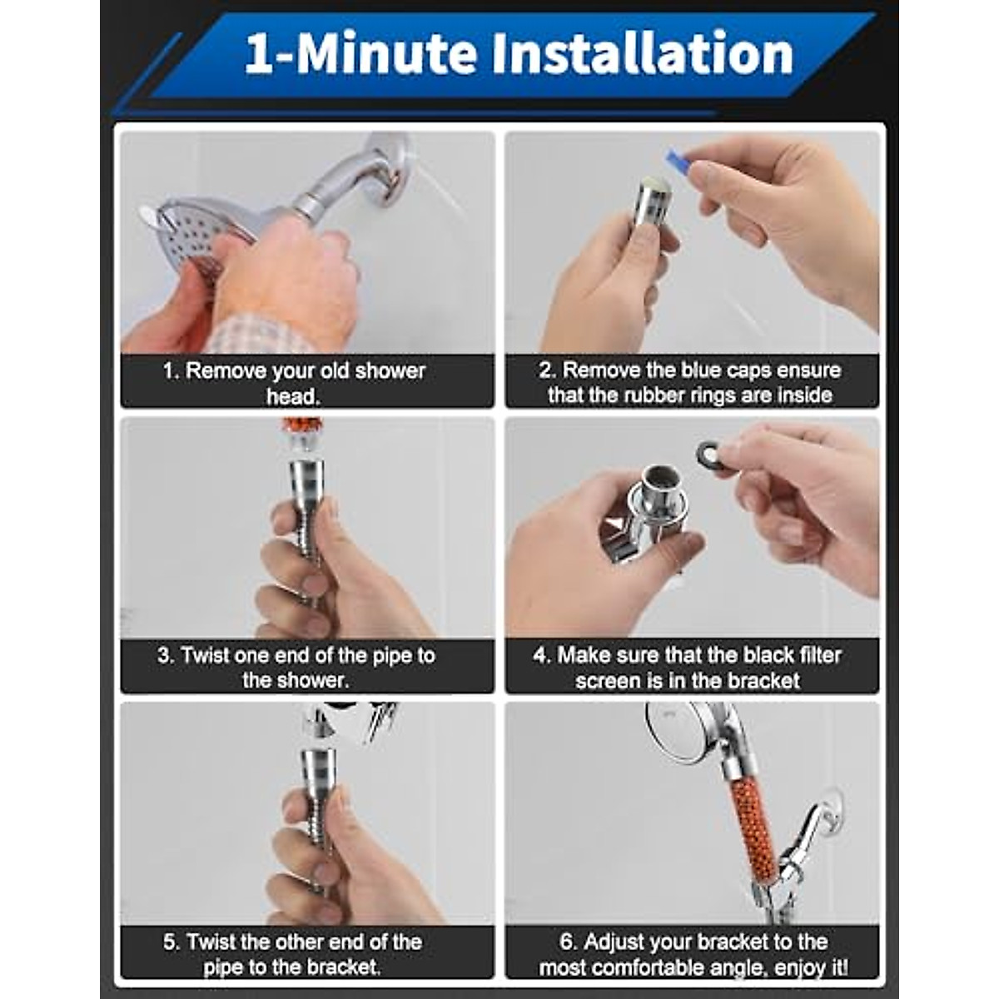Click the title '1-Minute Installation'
click(x=518, y=54)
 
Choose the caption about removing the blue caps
click(x=690, y=382)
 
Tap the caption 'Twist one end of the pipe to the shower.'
click(x=296, y=667)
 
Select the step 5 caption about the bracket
click(x=293, y=953)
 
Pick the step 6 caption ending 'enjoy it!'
click(x=693, y=953)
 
